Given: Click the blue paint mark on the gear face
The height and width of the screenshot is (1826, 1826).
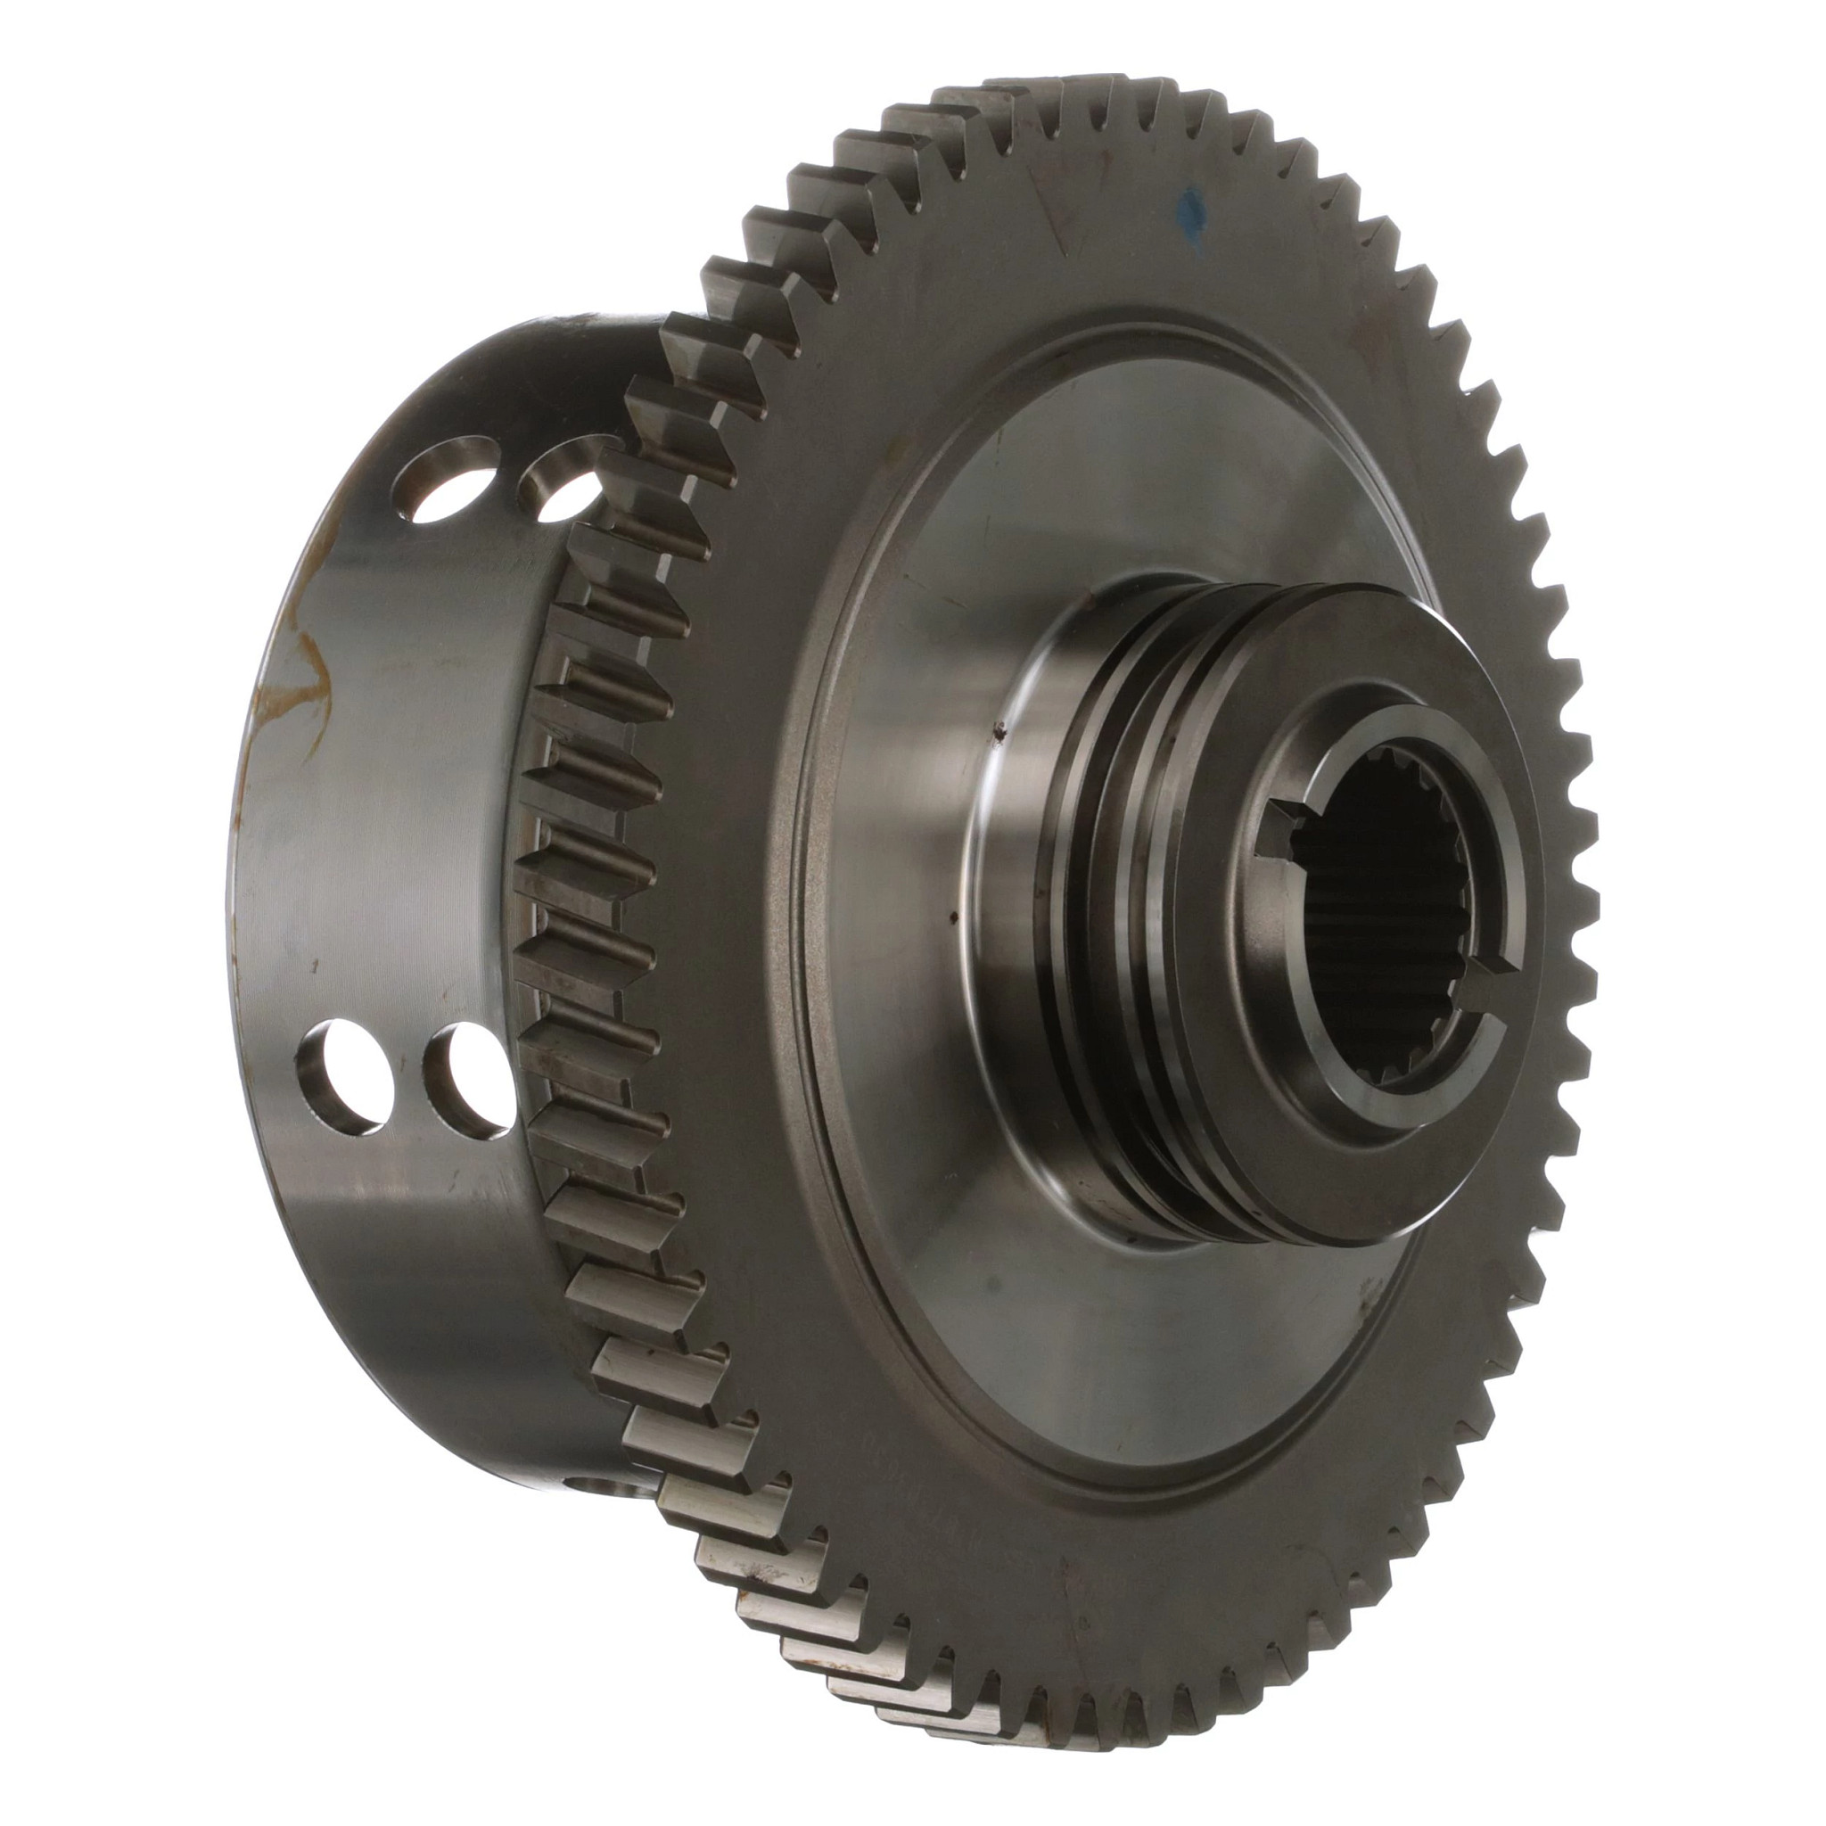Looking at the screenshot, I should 1192,218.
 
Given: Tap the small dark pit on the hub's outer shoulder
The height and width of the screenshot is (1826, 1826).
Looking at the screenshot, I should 996,728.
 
